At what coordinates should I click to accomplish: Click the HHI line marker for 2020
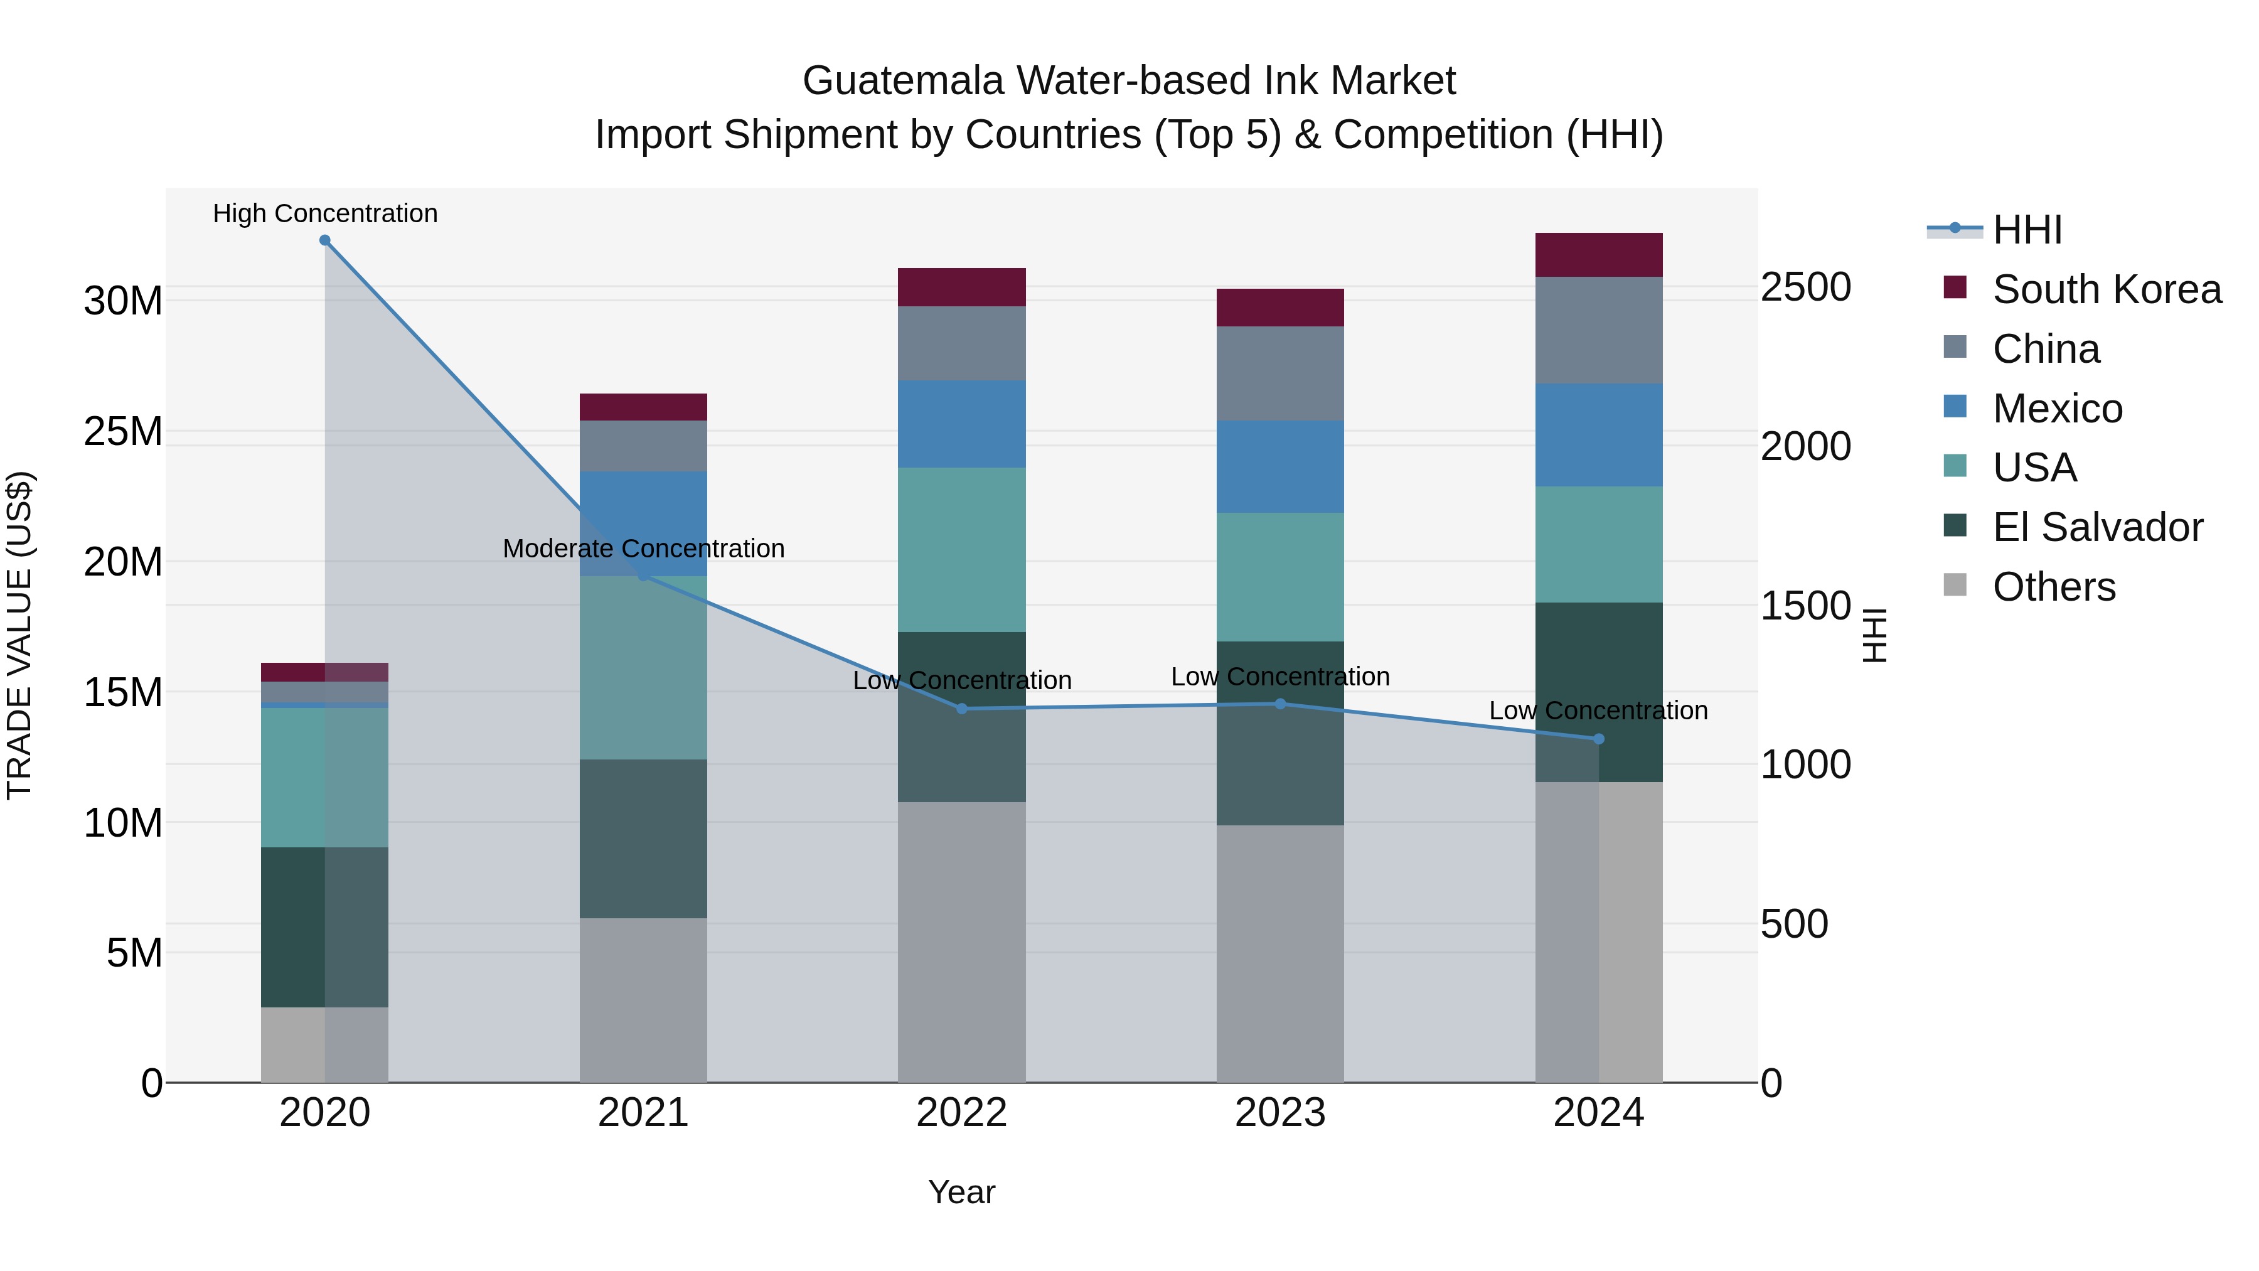324,240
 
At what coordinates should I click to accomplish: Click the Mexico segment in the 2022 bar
961,424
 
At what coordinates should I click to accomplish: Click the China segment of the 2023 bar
1279,373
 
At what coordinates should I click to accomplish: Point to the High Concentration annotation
324,213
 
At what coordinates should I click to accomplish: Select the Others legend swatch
1955,585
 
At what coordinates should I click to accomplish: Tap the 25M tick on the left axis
123,432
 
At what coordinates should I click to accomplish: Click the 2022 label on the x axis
961,1113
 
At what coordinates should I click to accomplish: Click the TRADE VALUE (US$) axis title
19,635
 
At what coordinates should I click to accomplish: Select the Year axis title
961,1192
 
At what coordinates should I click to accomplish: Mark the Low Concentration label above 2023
1279,677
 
